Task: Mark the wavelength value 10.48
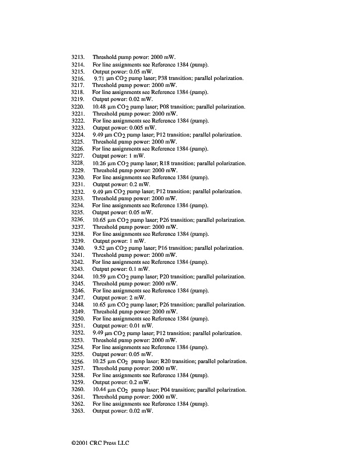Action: point(100,107)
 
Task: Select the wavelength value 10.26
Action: point(100,163)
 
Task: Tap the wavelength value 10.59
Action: point(100,276)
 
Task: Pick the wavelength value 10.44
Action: point(100,389)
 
